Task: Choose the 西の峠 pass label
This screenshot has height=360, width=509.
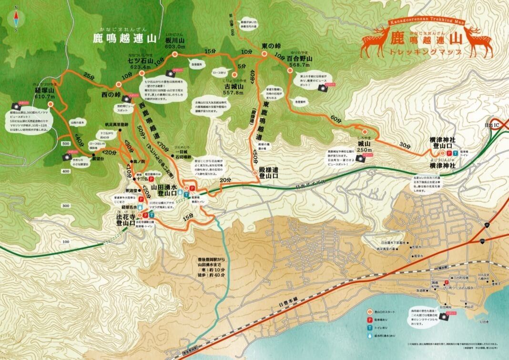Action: coord(111,95)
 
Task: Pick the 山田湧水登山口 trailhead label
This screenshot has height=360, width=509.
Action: coord(164,190)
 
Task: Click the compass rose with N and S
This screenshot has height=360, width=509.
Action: coord(17,19)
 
